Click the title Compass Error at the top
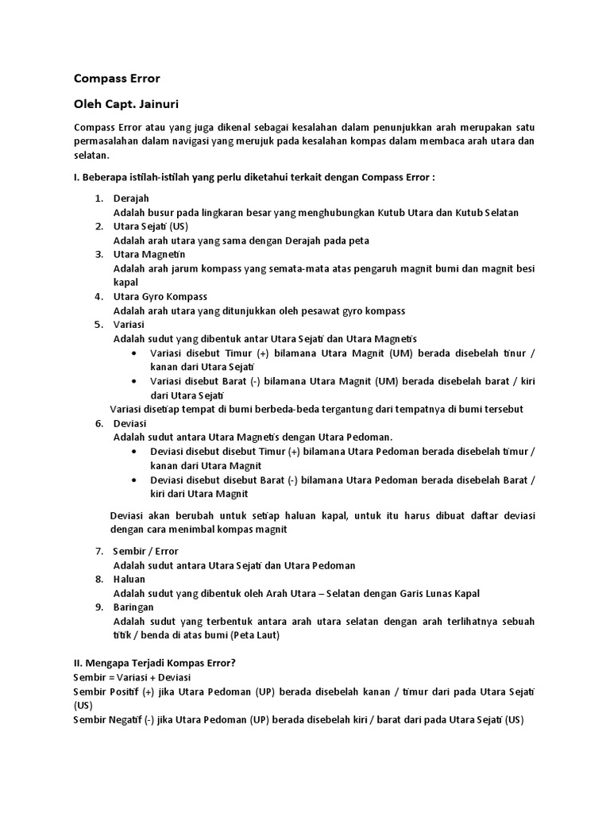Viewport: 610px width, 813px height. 117,79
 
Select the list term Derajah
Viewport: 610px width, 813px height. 131,198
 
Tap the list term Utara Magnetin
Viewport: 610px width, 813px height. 149,254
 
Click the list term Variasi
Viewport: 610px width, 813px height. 129,325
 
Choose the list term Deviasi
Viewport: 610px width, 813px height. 130,423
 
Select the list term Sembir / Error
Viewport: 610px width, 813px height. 145,551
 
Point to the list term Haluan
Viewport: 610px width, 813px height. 129,579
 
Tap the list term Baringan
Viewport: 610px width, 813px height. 133,607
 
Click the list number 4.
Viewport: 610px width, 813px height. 99,296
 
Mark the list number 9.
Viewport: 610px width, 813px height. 99,607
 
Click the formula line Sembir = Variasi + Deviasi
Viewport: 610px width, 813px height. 132,677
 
